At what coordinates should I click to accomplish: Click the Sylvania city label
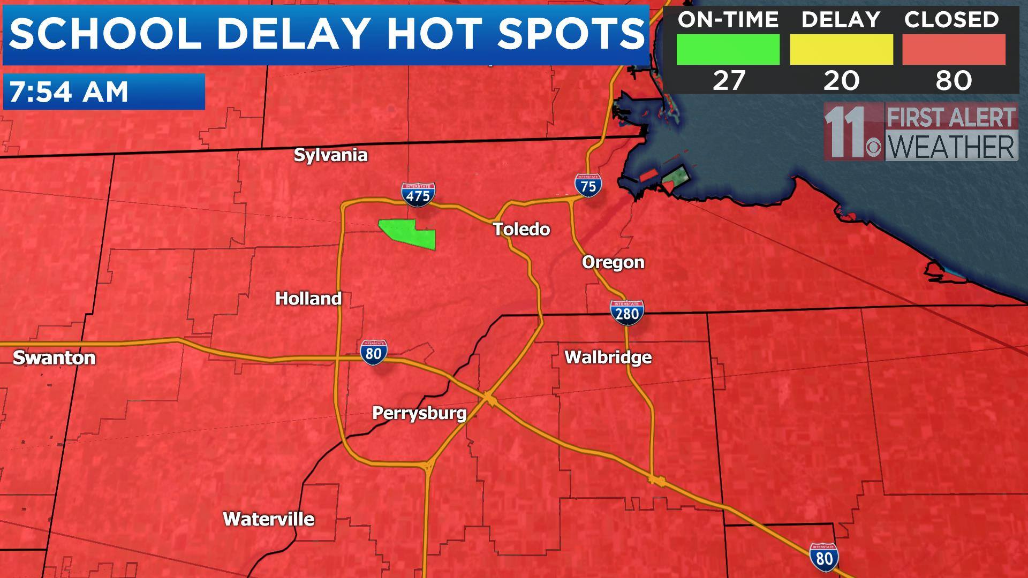[330, 155]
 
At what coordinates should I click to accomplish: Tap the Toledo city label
[521, 229]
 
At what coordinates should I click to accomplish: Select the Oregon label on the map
[613, 262]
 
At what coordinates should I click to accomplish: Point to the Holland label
[308, 298]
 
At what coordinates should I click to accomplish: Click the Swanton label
[54, 358]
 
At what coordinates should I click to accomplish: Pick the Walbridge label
[608, 357]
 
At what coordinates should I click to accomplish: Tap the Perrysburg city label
[419, 413]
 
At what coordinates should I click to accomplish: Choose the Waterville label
[268, 519]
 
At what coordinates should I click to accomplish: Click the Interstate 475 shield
[418, 194]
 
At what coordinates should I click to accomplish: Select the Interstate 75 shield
[588, 185]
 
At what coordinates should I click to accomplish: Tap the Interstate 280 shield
[626, 311]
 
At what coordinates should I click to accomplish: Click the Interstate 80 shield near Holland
[374, 352]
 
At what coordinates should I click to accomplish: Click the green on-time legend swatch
[728, 50]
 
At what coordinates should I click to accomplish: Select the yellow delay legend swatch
[841, 50]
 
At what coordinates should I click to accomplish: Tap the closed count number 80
[954, 80]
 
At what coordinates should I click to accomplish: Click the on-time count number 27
[729, 80]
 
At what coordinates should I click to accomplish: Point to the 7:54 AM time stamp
[69, 92]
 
